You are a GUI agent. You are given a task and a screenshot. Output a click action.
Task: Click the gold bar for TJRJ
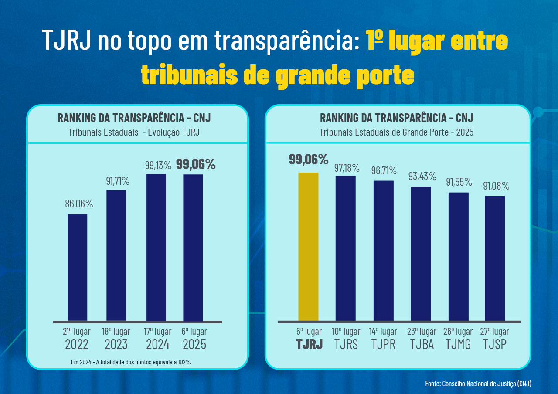pos(308,247)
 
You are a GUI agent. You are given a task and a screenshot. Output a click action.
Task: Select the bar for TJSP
pos(495,258)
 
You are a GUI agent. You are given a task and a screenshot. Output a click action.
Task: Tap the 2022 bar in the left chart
pos(78,267)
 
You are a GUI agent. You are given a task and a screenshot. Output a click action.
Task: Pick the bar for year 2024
pos(157,247)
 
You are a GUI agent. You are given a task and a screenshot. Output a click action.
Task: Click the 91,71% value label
pos(118,181)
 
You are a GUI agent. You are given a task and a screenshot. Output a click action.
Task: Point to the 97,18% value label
pos(347,168)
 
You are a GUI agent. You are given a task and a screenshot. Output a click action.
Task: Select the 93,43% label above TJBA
pos(422,177)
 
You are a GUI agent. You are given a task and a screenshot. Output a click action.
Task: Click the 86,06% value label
pos(79,204)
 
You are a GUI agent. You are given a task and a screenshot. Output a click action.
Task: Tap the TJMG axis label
pos(458,344)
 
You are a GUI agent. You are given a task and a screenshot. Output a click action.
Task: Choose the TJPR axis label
pos(384,344)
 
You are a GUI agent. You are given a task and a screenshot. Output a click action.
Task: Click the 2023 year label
pos(116,345)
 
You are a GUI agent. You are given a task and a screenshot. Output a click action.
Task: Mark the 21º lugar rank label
pos(77,331)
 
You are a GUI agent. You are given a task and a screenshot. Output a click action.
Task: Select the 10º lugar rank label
pos(346,331)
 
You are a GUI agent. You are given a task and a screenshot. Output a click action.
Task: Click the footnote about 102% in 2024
pos(131,362)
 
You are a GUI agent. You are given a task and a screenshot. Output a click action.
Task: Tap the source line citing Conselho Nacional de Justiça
pos(478,384)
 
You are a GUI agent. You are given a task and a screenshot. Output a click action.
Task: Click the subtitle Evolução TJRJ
pos(174,132)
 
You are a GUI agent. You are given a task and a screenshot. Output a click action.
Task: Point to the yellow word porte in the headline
pos(385,76)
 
